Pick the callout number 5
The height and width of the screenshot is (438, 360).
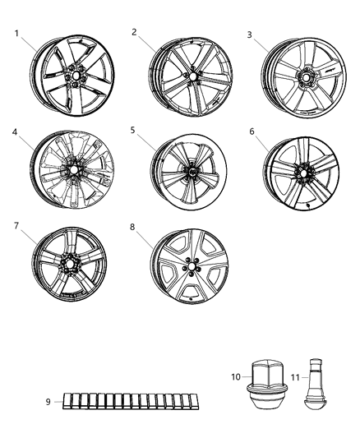coord(134,130)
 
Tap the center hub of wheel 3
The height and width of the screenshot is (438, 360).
coord(307,76)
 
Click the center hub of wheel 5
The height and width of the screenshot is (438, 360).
coord(189,173)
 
